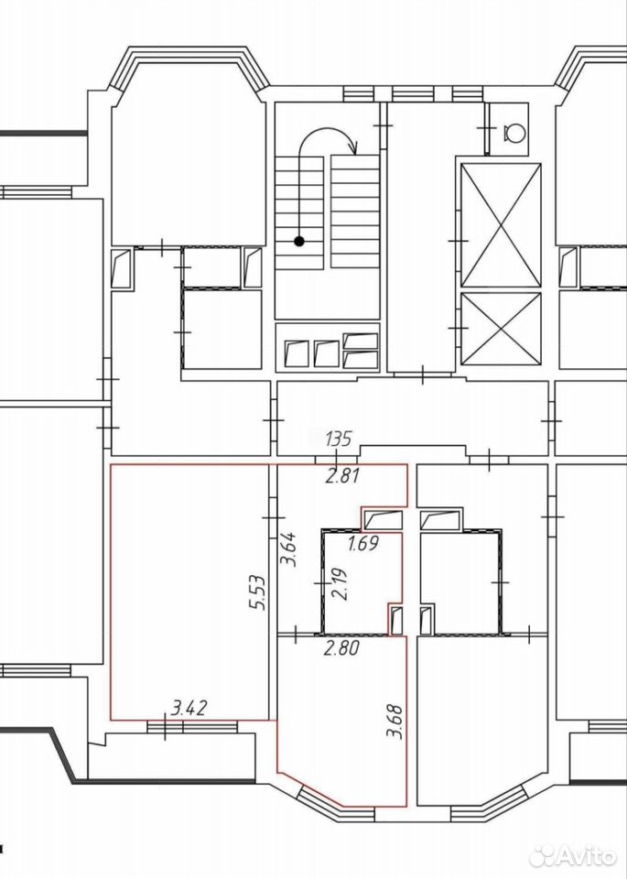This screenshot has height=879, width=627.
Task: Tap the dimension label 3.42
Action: coord(190,708)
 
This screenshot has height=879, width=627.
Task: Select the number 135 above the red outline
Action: coord(339,438)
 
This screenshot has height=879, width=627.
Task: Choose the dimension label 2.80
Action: coord(341,649)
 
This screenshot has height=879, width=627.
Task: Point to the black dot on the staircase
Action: coord(299,242)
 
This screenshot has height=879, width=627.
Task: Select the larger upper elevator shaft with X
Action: coord(501,225)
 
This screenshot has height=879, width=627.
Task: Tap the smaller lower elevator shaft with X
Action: coord(501,328)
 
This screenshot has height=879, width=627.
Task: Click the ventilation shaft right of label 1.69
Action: coord(384,519)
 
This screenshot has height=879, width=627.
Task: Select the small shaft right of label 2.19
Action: coord(395,621)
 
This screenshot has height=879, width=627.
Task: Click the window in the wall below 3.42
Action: coord(192,727)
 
